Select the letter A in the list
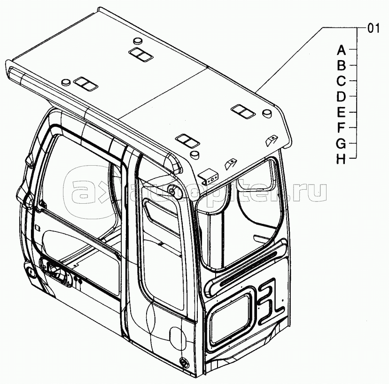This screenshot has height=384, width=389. (x=342, y=50)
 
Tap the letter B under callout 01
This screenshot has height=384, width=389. (x=342, y=65)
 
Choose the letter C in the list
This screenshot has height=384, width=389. (x=342, y=81)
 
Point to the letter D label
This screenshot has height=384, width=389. (x=342, y=97)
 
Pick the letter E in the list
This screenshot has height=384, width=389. (x=342, y=112)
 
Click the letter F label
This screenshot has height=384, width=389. (x=342, y=127)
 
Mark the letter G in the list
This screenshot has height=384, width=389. (x=342, y=143)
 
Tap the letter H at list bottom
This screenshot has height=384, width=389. (x=342, y=159)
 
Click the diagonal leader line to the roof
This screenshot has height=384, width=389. (x=291, y=59)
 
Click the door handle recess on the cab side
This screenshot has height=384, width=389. (x=54, y=271)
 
